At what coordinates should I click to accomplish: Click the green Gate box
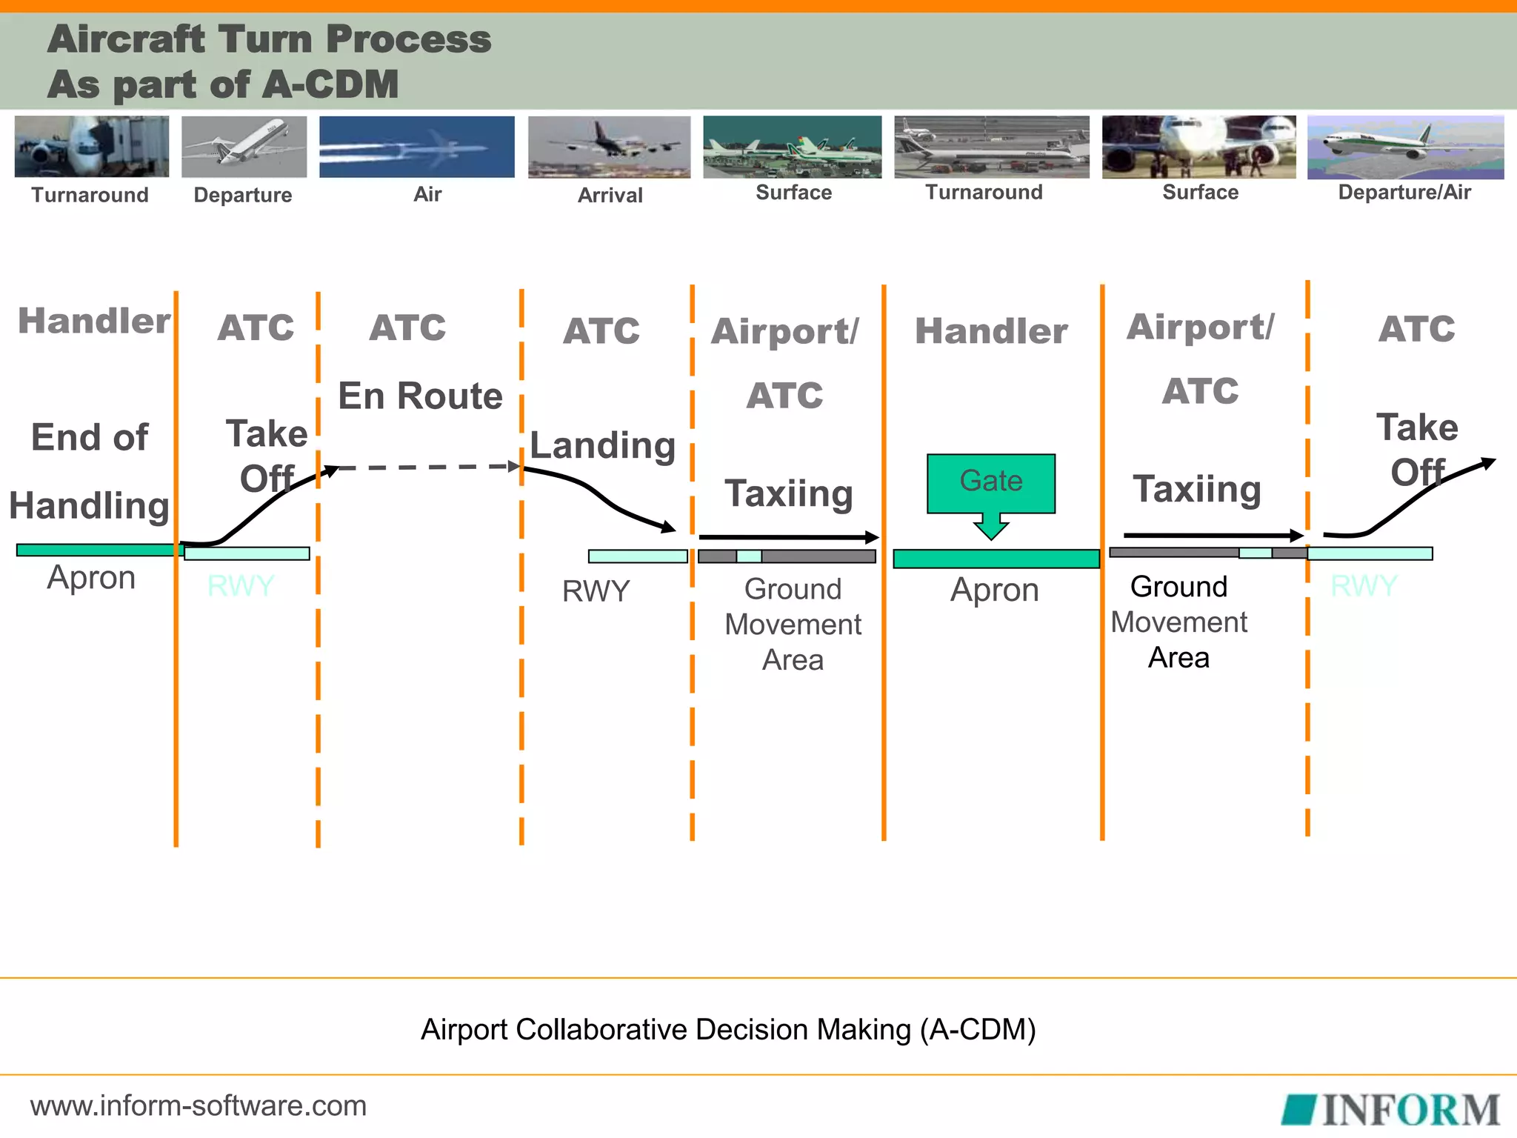coord(990,482)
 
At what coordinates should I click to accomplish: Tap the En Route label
coord(420,396)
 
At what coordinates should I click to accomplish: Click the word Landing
coord(602,445)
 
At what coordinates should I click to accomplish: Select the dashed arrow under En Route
coord(426,467)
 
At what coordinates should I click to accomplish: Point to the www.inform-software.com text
coord(199,1105)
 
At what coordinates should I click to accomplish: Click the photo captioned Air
coord(416,147)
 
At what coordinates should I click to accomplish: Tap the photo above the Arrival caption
coord(609,147)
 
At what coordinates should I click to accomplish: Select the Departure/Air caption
coord(1404,193)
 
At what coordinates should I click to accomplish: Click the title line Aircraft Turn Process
coord(269,39)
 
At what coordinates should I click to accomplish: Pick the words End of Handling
coord(89,471)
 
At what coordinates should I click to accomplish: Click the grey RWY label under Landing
coord(596,591)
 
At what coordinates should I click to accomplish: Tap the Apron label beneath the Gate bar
coord(994,590)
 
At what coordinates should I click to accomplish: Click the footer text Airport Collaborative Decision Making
coord(727,1029)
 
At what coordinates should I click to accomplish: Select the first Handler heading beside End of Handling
coord(93,321)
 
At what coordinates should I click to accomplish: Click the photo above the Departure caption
coord(244,147)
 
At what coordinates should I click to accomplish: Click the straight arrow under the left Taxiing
coord(788,537)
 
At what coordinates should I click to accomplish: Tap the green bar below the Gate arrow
coord(996,559)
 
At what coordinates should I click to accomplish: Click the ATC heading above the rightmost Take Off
coord(1416,328)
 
